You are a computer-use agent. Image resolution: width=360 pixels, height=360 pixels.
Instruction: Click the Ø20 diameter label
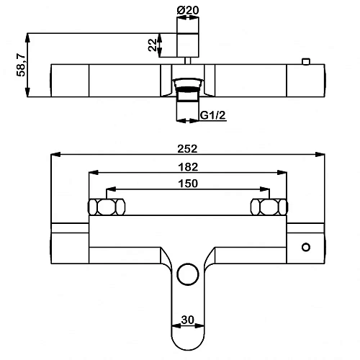coord(188,10)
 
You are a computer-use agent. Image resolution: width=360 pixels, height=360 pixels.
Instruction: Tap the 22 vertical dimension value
coord(152,45)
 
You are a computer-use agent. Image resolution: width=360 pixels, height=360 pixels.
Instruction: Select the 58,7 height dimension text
coord(21,65)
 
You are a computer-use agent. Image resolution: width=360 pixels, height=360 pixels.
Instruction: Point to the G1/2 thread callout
coord(213,115)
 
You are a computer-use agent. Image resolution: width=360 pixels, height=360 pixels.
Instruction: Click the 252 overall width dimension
coord(187,149)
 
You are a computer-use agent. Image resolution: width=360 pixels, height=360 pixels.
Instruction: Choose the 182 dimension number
coord(188,167)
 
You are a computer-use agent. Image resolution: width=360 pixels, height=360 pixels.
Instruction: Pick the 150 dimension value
coord(188,184)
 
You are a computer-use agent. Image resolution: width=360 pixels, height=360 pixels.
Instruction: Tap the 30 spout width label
coord(188,320)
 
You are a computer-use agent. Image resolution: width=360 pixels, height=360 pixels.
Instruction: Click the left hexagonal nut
coord(107,207)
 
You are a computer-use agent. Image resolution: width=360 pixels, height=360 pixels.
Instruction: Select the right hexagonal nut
coord(269,207)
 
